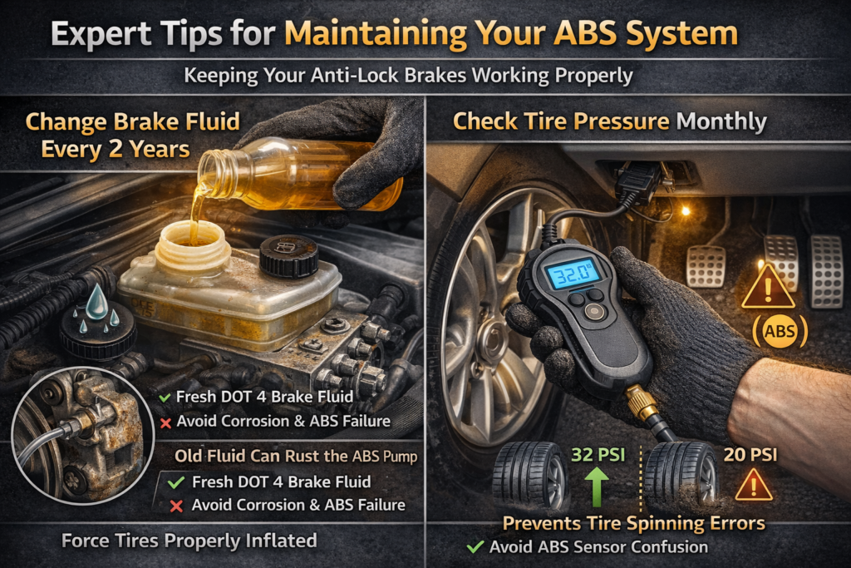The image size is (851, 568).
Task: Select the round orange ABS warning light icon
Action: pos(780,331)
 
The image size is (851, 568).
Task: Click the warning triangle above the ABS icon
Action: pos(768,287)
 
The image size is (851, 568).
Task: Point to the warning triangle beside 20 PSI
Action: pos(753,484)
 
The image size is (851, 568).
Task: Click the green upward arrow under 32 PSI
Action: pos(597,487)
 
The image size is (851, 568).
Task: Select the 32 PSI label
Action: pos(598,455)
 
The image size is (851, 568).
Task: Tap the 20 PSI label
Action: pos(750,455)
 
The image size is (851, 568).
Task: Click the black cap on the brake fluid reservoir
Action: pos(288,256)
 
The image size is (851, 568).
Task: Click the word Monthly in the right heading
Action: pos(721,121)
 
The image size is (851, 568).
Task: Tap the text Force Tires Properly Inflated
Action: pos(189,541)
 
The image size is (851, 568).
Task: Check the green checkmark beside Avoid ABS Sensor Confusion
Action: pos(475,547)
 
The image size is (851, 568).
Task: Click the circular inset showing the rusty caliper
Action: pos(82,436)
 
